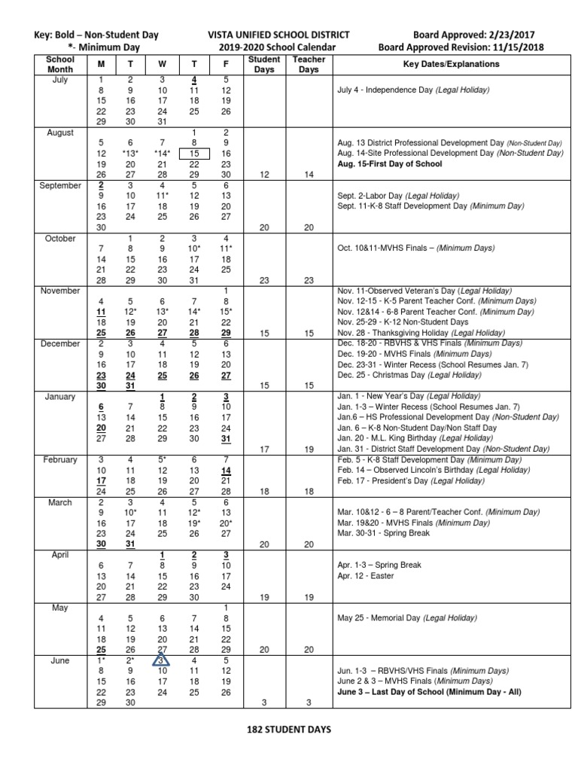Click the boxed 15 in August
click(x=194, y=153)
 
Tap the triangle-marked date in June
click(x=162, y=660)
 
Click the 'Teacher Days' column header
click(x=309, y=64)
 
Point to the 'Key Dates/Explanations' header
click(x=451, y=64)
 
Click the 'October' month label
click(x=60, y=239)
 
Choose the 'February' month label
click(x=60, y=460)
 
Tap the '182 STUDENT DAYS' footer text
click(x=288, y=730)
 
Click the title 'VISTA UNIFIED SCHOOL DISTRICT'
click(x=278, y=35)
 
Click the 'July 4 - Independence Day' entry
click(x=413, y=90)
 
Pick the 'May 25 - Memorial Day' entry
click(x=407, y=618)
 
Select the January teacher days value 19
click(x=309, y=449)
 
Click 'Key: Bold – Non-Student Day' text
click(x=96, y=35)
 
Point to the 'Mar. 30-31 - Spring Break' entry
click(x=384, y=533)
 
